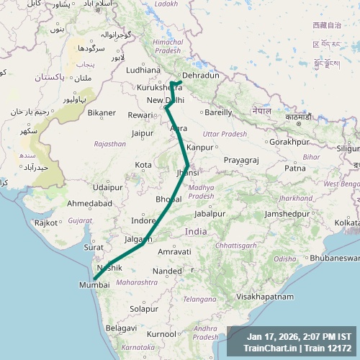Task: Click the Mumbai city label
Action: point(94,285)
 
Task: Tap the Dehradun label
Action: point(200,75)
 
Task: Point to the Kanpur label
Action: point(200,148)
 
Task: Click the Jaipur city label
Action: point(143,133)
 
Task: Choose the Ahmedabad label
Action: point(90,204)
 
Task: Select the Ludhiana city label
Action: point(143,71)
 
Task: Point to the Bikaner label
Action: point(102,112)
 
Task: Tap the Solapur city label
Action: point(143,308)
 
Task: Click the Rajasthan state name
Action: point(110,143)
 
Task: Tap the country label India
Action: point(196,231)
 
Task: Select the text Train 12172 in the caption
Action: point(328,348)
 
